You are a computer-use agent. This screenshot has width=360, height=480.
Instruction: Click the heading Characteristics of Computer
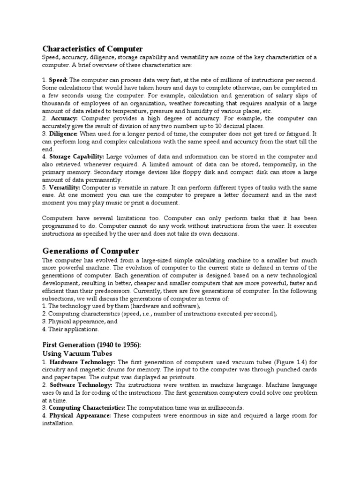click(x=92, y=49)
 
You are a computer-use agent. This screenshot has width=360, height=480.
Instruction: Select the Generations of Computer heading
click(x=90, y=251)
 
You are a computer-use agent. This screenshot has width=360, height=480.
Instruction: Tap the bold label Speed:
click(x=59, y=80)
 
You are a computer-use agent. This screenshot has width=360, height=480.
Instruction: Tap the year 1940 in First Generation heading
click(x=108, y=345)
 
